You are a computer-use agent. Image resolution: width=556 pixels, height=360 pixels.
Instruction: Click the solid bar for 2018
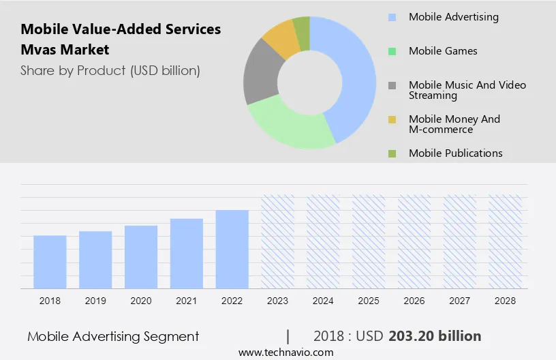[50, 262]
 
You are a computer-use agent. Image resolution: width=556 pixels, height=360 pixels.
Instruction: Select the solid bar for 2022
[232, 249]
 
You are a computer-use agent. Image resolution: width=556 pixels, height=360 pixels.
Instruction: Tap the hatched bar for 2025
[369, 241]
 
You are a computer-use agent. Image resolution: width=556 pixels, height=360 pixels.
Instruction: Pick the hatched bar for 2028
[506, 241]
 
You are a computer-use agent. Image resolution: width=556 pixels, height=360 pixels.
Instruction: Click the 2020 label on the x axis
[141, 301]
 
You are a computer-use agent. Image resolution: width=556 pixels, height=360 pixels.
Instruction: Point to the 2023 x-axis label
[278, 301]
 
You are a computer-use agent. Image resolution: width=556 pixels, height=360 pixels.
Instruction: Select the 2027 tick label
[460, 301]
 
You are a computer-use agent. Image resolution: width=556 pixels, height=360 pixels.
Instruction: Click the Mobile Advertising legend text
[453, 17]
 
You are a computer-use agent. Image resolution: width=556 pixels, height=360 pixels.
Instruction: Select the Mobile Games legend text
[443, 51]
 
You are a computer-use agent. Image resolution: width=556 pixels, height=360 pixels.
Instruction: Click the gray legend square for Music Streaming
[392, 85]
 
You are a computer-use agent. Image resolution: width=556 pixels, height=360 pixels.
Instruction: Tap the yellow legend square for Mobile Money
[392, 119]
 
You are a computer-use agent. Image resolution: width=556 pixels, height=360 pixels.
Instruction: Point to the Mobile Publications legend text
[455, 153]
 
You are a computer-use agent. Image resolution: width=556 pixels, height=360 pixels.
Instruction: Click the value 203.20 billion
[435, 336]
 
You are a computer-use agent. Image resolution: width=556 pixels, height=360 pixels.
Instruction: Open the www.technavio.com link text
[285, 352]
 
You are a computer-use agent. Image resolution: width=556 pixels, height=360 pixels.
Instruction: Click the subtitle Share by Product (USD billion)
[110, 70]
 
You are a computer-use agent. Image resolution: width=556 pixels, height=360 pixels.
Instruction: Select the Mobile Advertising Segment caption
[113, 336]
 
